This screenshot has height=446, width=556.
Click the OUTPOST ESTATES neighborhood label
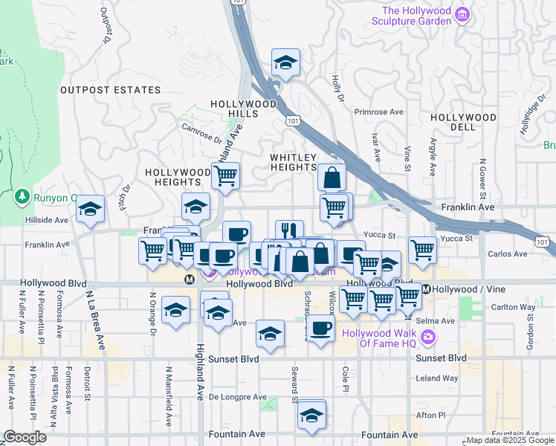[110, 90]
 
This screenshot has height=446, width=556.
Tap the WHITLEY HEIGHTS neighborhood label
[293, 163]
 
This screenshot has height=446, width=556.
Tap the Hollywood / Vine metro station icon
[427, 288]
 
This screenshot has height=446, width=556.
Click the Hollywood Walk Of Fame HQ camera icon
[428, 338]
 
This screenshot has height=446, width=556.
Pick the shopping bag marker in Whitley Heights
[332, 178]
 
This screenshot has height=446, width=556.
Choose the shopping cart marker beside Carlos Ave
[422, 250]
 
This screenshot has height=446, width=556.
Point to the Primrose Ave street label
[378, 112]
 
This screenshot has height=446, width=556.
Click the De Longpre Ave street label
[237, 397]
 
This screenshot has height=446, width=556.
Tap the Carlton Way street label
[513, 307]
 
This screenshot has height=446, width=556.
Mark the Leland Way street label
[437, 378]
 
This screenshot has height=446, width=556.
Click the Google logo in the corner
[25, 437]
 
